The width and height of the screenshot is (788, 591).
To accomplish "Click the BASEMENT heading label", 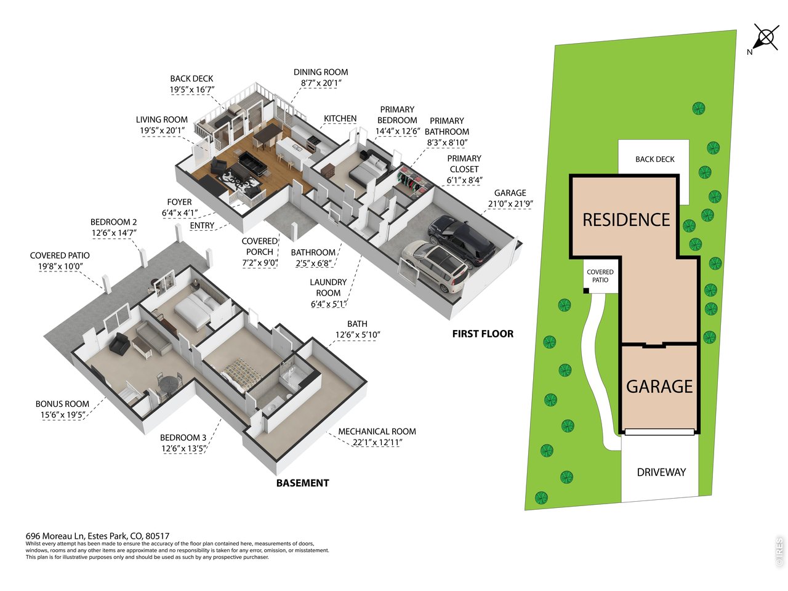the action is [x=302, y=483].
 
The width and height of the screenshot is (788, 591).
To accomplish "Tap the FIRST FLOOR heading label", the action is [x=483, y=334].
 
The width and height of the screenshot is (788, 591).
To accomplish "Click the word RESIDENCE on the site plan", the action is [x=626, y=220].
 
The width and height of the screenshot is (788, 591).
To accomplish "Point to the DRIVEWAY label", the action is [x=661, y=472].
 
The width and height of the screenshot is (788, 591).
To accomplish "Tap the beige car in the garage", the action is [x=435, y=266].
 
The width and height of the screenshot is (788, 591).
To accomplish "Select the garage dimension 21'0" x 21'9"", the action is [x=510, y=204].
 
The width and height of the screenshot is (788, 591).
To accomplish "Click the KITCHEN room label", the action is [x=340, y=118].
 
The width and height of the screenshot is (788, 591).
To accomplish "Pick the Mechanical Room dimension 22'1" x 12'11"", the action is [x=377, y=443].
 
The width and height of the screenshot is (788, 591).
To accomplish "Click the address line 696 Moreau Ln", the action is [x=97, y=536].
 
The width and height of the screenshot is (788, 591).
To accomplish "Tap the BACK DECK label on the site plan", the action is [x=655, y=159].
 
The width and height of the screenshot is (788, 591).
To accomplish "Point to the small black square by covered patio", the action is [x=586, y=291].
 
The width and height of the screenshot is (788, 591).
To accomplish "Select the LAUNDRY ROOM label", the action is [x=328, y=287].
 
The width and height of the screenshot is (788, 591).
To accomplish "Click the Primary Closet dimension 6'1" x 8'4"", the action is [x=464, y=180].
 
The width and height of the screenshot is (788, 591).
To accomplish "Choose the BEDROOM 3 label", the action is [x=183, y=438].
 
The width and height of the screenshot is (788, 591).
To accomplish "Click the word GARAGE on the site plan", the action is [x=659, y=387].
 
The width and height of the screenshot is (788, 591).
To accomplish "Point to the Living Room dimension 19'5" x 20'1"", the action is [x=162, y=131].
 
